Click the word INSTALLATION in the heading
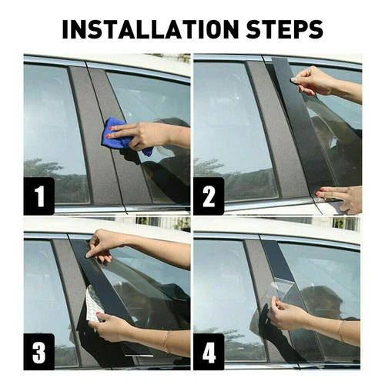pyautogui.click(x=150, y=29)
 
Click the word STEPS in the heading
pyautogui.click(x=284, y=29)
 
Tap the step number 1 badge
pyautogui.click(x=39, y=196)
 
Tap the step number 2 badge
pyautogui.click(x=209, y=196)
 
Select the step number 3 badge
pyautogui.click(x=39, y=352)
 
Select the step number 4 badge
pyautogui.click(x=209, y=352)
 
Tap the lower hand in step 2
pyautogui.click(x=339, y=199)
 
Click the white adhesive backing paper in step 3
pyautogui.click(x=95, y=304)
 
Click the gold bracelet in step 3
pyautogui.click(x=167, y=341)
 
